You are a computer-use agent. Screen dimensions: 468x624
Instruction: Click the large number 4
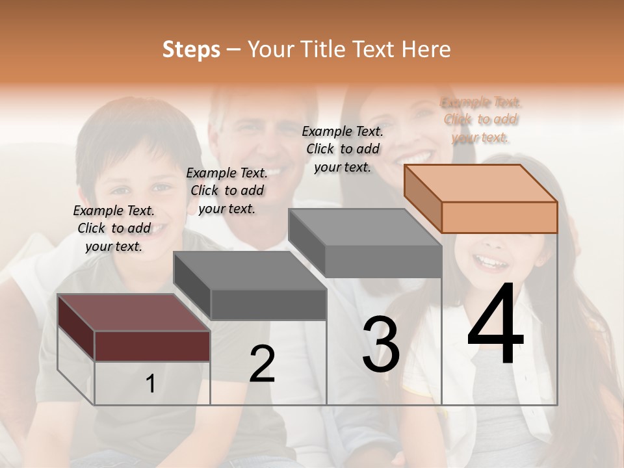point(495,324)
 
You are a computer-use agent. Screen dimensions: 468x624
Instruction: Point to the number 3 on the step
point(380,344)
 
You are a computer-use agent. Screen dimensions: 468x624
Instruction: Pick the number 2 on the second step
point(262,364)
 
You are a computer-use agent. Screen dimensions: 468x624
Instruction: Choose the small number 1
point(151,384)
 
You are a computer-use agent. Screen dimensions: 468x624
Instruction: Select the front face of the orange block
point(499,217)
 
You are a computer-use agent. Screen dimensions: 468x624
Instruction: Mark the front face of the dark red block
point(152,346)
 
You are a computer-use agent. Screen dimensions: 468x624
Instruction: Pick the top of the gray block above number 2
point(250,270)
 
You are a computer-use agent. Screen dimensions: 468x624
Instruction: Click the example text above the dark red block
point(114,228)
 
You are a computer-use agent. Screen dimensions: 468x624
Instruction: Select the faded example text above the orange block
point(481,120)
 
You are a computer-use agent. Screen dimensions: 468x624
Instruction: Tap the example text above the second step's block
point(227,190)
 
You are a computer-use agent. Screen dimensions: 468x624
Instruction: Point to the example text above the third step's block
point(343,149)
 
